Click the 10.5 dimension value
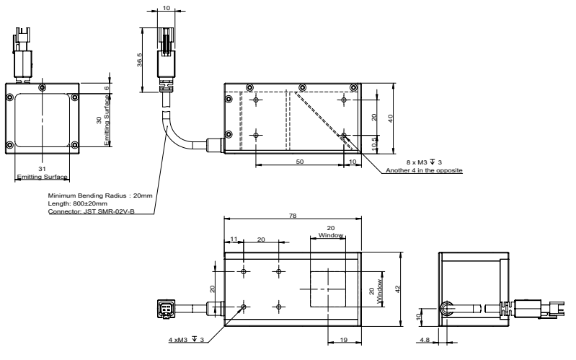pyautogui.click(x=373, y=143)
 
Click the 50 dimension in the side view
pyautogui.click(x=299, y=162)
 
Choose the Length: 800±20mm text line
pyautogui.click(x=79, y=203)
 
